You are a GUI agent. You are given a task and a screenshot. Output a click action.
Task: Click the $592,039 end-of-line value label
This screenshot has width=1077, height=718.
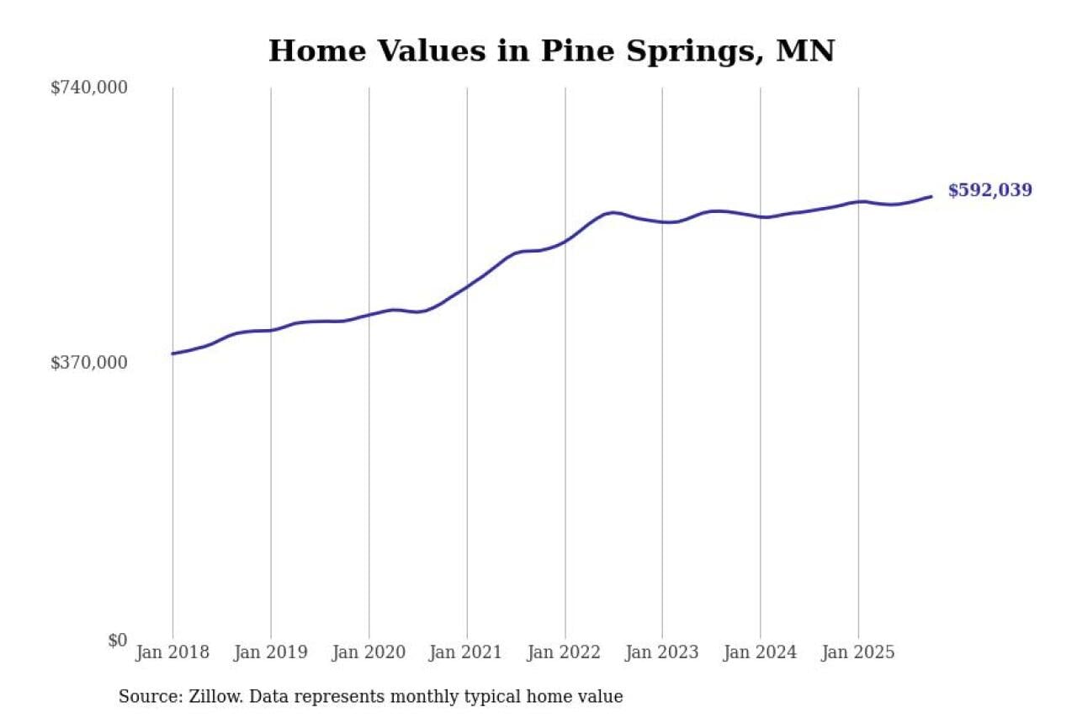click(x=989, y=190)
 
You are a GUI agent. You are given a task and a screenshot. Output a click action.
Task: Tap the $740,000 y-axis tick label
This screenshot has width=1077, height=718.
click(x=89, y=88)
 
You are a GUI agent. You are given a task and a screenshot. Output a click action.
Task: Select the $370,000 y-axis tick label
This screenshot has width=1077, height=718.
click(x=89, y=363)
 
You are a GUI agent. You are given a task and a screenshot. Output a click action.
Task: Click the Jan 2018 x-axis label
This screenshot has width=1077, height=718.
click(x=172, y=652)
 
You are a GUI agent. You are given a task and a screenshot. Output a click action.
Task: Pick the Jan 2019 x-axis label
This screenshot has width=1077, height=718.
click(x=270, y=652)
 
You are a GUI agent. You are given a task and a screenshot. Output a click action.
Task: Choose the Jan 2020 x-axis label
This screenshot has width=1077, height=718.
click(x=369, y=652)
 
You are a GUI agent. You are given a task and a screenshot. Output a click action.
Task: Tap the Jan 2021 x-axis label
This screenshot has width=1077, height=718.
click(x=466, y=652)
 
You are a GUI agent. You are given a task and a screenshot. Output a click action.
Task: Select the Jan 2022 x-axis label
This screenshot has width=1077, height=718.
click(x=565, y=652)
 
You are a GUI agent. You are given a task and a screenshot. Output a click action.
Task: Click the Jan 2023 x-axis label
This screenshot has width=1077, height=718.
click(x=662, y=652)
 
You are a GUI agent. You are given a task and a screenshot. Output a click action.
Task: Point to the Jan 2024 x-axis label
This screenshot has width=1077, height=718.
click(x=760, y=652)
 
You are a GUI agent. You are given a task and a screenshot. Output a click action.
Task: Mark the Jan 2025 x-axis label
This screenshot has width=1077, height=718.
click(x=858, y=652)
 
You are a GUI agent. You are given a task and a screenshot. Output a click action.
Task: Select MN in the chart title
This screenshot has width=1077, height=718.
click(x=805, y=51)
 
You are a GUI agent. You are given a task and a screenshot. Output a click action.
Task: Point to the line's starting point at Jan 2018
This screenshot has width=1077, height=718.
click(x=172, y=354)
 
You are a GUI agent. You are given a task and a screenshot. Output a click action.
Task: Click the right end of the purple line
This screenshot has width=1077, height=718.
click(x=931, y=196)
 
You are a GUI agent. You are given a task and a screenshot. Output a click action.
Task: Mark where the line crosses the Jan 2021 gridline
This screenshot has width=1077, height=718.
click(x=467, y=286)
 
